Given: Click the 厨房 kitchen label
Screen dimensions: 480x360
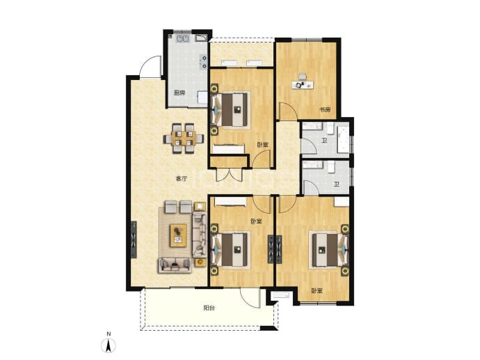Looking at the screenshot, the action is (179, 93).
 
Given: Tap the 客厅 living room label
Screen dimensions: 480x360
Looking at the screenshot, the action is (181, 179).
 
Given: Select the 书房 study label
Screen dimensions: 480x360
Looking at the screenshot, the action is (326, 110).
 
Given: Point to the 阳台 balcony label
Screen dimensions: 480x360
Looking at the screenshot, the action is (209, 308).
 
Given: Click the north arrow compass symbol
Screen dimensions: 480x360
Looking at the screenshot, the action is (109, 346).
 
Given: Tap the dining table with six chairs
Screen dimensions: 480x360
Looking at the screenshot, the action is (184, 138).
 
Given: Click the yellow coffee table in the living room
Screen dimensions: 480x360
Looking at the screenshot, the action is (179, 235).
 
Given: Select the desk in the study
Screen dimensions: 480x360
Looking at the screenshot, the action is (303, 84).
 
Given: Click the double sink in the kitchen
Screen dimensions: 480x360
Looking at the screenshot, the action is (183, 39).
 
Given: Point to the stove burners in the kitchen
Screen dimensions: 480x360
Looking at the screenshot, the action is (203, 61).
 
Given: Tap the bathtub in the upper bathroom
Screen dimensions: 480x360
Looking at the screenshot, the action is (343, 139).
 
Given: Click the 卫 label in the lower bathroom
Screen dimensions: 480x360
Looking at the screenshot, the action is (337, 185).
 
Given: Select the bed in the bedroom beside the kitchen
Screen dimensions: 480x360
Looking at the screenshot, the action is (230, 109).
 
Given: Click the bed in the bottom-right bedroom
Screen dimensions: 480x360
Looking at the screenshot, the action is (330, 250).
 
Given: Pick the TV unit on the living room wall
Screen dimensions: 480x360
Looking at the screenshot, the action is (134, 240).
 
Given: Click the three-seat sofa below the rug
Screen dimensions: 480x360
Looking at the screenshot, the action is (175, 265).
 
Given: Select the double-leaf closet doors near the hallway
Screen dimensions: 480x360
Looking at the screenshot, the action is (229, 175).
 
